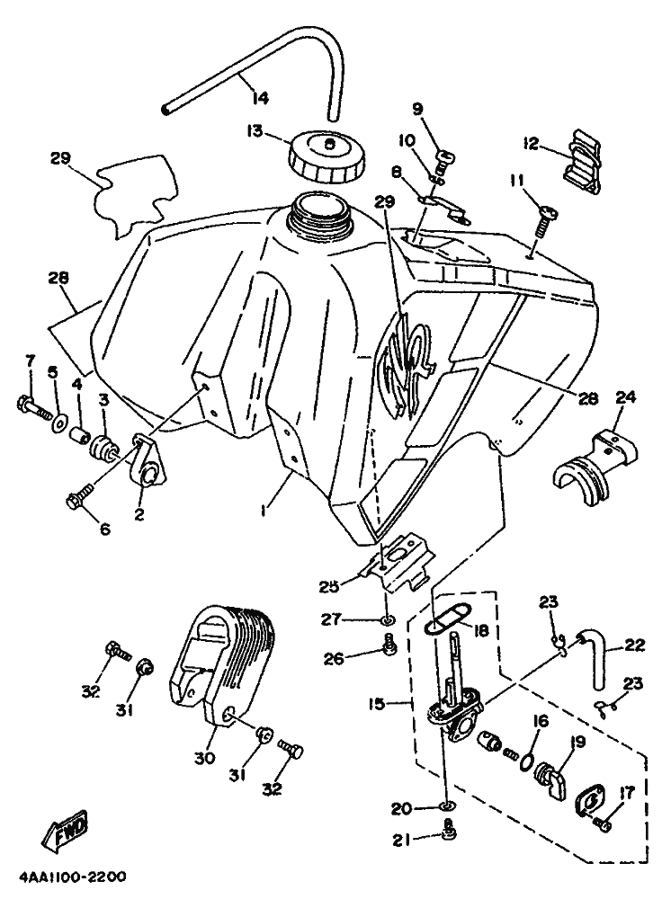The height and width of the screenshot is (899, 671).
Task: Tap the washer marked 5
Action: click(x=59, y=421)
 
